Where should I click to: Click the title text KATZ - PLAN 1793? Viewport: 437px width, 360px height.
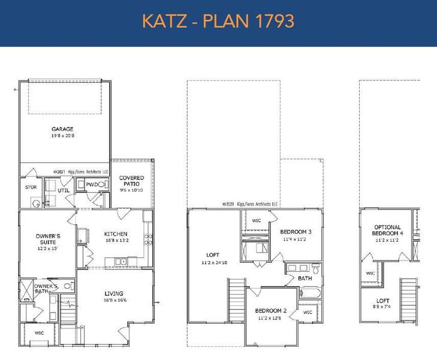pyautogui.click(x=218, y=22)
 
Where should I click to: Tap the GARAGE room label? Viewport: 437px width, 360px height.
pyautogui.click(x=62, y=129)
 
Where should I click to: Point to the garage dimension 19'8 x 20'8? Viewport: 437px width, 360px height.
pyautogui.click(x=62, y=137)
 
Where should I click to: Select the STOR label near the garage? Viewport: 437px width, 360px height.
pyautogui.click(x=31, y=187)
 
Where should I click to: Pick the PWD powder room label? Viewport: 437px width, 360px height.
pyautogui.click(x=91, y=184)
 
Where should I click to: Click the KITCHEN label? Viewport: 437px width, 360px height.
pyautogui.click(x=116, y=234)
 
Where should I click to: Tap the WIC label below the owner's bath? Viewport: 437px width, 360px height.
pyautogui.click(x=40, y=332)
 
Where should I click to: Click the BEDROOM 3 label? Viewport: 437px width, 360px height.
pyautogui.click(x=296, y=232)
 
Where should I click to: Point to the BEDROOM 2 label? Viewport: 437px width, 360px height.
pyautogui.click(x=272, y=310)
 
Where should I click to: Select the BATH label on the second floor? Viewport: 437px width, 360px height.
pyautogui.click(x=305, y=278)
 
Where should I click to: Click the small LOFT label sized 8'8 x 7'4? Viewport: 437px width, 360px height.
pyautogui.click(x=382, y=301)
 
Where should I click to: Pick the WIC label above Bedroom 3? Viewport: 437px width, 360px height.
pyautogui.click(x=257, y=221)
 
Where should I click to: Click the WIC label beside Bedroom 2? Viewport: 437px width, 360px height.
pyautogui.click(x=307, y=313)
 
